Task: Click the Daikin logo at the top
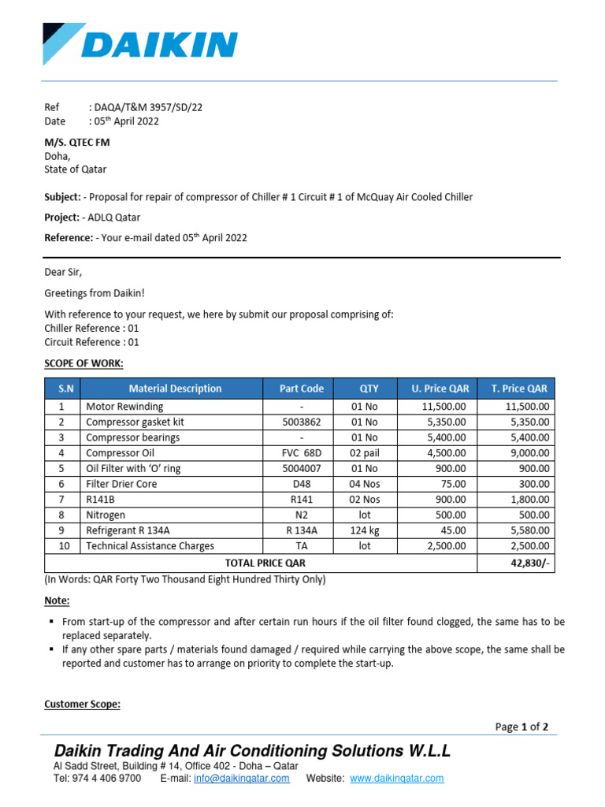tap(140, 44)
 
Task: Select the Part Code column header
tap(302, 389)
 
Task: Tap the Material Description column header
tap(176, 389)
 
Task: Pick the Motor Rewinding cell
tap(124, 407)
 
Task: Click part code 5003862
tap(302, 422)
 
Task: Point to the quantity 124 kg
tap(365, 530)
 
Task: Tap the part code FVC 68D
tap(302, 453)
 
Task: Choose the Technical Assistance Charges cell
tap(150, 545)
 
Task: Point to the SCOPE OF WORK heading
tap(84, 363)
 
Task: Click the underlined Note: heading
tap(57, 601)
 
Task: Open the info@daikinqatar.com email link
tap(240, 779)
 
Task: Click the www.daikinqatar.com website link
tap(396, 779)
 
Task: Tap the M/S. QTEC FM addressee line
tap(76, 142)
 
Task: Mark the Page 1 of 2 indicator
tap(521, 727)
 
